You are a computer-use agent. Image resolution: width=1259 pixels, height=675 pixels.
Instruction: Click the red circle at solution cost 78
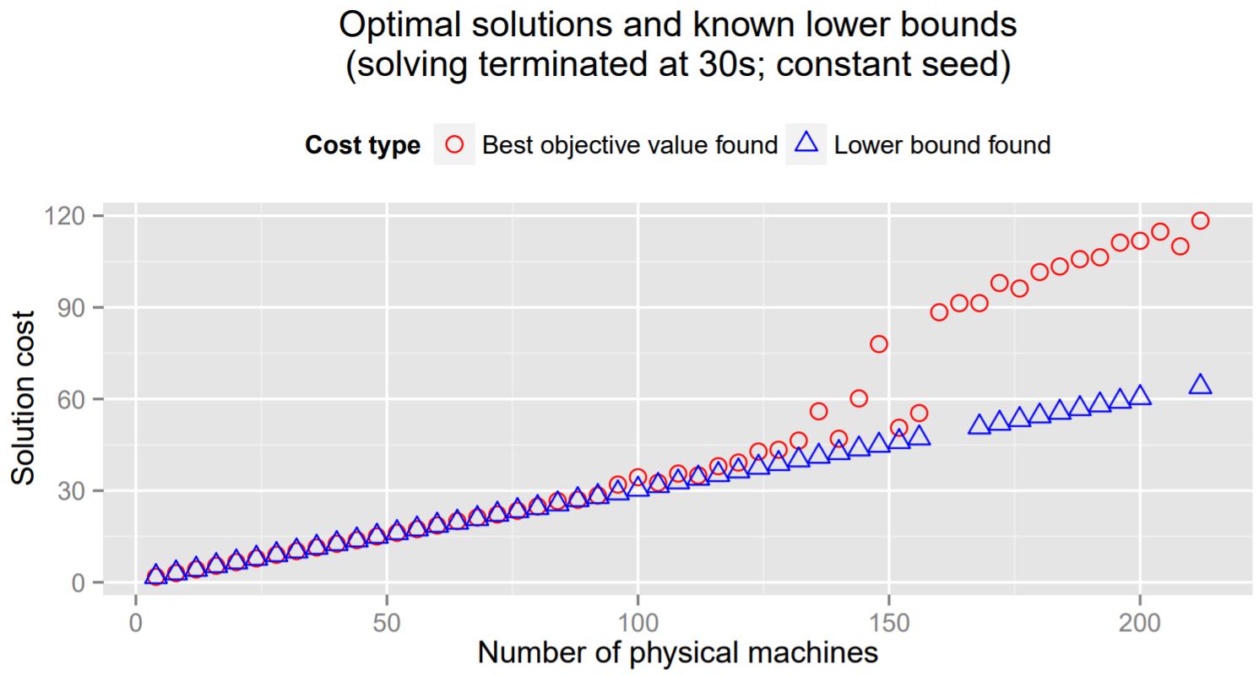pyautogui.click(x=879, y=343)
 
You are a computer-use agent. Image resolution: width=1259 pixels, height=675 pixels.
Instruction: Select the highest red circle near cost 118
pyautogui.click(x=1200, y=221)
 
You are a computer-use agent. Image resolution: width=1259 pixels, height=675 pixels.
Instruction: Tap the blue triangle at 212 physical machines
pyautogui.click(x=1200, y=385)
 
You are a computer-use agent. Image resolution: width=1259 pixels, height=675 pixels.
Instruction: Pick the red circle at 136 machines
pyautogui.click(x=818, y=411)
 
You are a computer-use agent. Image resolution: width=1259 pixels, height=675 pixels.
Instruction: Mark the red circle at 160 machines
pyautogui.click(x=939, y=312)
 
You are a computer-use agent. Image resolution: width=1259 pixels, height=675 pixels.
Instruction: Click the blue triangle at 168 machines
pyautogui.click(x=980, y=424)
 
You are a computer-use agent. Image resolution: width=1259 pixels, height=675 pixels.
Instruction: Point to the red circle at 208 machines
pyautogui.click(x=1180, y=246)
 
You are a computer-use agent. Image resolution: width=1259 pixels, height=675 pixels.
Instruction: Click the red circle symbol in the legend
pyautogui.click(x=454, y=145)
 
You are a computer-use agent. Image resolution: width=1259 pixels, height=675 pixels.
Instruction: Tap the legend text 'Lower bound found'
pyautogui.click(x=942, y=145)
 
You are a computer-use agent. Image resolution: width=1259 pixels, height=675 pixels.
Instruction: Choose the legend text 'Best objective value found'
pyautogui.click(x=629, y=145)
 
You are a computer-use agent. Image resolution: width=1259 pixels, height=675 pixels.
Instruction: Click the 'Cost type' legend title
pyautogui.click(x=363, y=145)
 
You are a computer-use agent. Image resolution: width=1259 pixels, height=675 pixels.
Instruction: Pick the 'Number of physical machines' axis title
pyautogui.click(x=677, y=652)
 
